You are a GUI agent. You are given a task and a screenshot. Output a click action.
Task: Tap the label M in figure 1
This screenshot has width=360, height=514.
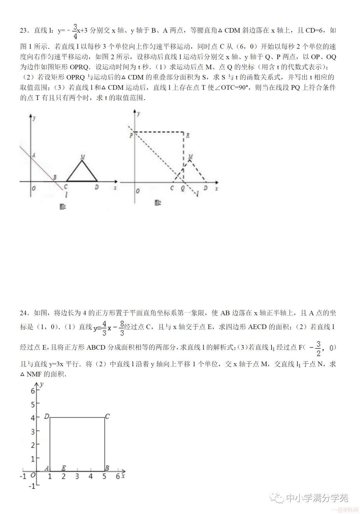click(82, 157)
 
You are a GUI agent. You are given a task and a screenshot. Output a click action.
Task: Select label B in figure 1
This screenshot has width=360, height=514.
click(55, 177)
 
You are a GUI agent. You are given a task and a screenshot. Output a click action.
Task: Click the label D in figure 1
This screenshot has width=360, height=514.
click(97, 187)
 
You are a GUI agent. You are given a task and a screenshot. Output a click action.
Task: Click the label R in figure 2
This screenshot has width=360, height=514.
click(188, 135)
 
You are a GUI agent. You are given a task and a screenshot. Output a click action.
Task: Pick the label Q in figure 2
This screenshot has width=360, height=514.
click(183, 188)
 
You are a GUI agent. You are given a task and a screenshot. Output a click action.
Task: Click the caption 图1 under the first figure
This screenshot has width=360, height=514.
click(62, 207)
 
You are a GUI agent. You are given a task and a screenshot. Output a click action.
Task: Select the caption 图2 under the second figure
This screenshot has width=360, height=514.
click(158, 203)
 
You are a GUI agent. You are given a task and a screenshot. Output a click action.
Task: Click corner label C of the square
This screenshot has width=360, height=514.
click(107, 416)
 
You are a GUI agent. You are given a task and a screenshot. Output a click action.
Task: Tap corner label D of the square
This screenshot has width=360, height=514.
click(47, 416)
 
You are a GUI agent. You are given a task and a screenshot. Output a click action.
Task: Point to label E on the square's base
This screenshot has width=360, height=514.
click(63, 468)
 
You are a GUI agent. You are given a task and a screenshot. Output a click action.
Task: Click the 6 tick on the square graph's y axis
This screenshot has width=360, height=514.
click(33, 391)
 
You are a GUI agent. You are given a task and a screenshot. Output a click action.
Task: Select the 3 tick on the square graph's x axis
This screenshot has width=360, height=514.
click(77, 476)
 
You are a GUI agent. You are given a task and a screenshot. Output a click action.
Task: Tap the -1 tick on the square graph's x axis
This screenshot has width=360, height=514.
click(23, 476)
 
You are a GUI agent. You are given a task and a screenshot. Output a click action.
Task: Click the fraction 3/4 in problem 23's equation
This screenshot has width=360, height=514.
click(75, 31)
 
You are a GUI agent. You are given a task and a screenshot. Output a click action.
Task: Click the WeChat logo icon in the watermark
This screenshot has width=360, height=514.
click(277, 498)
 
